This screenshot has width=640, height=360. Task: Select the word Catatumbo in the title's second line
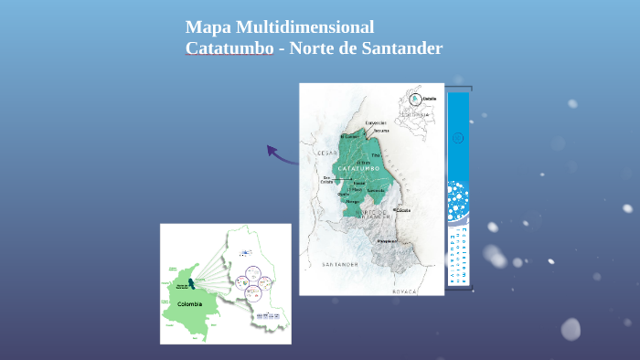click(x=229, y=48)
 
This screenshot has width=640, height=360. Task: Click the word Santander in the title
click(x=399, y=48)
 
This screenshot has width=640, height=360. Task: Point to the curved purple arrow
click(x=281, y=154)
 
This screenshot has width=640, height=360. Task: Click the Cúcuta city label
click(x=402, y=210)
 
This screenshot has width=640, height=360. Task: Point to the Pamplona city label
click(x=388, y=241)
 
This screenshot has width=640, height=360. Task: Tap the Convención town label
click(x=376, y=122)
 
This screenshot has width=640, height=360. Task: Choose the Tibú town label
click(x=375, y=155)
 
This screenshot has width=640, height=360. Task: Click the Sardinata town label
click(x=376, y=190)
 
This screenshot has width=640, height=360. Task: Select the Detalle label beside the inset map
click(x=430, y=98)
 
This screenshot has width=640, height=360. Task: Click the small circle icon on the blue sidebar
click(x=458, y=138)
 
